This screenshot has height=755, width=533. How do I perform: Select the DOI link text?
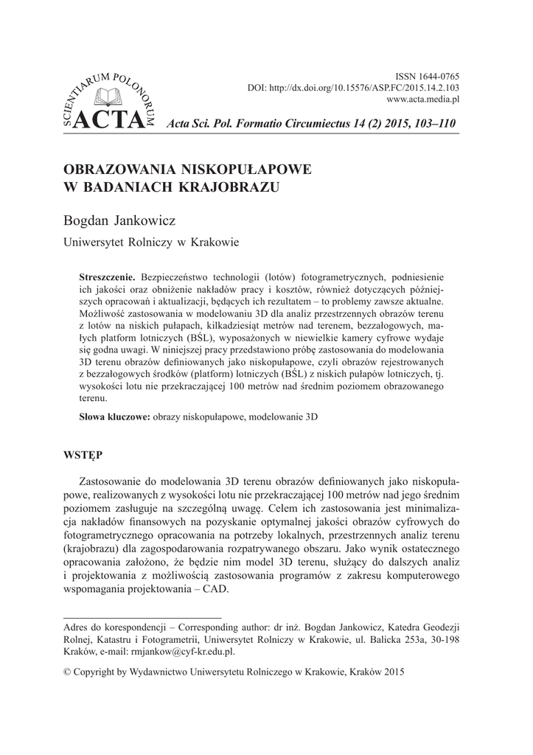(x=353, y=88)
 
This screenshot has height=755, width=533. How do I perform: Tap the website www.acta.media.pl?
(x=423, y=99)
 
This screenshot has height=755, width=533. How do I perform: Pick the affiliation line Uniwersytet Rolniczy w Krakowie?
(x=151, y=241)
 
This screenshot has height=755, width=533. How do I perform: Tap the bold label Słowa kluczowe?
(x=114, y=417)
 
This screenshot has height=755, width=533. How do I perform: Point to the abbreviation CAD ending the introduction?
(x=216, y=590)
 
